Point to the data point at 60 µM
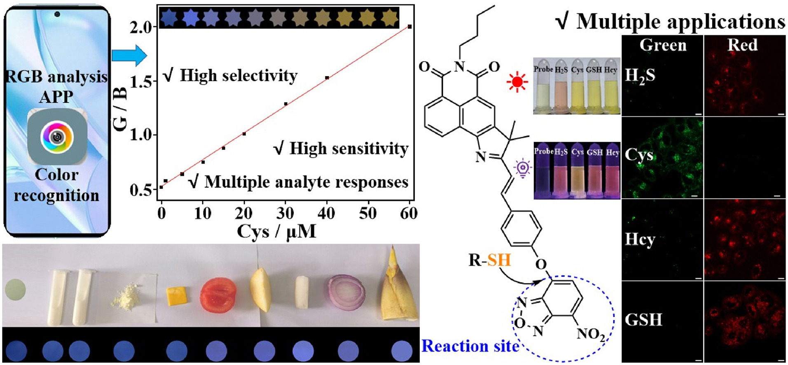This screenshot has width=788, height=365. coord(409,27)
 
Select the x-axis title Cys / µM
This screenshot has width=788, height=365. coord(276,232)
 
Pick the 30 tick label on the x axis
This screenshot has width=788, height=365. coord(285,213)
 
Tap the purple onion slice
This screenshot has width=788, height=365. coord(346,292)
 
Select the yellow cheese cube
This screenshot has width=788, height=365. coord(176,296)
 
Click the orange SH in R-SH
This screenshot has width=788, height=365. coord(499,260)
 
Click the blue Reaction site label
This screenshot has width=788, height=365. coord(470,346)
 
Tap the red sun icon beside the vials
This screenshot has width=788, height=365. coord(517,82)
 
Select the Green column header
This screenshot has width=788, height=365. coord(663,45)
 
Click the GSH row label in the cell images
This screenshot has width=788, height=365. coord(643,320)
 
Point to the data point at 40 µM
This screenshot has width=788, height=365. coord(327,77)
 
